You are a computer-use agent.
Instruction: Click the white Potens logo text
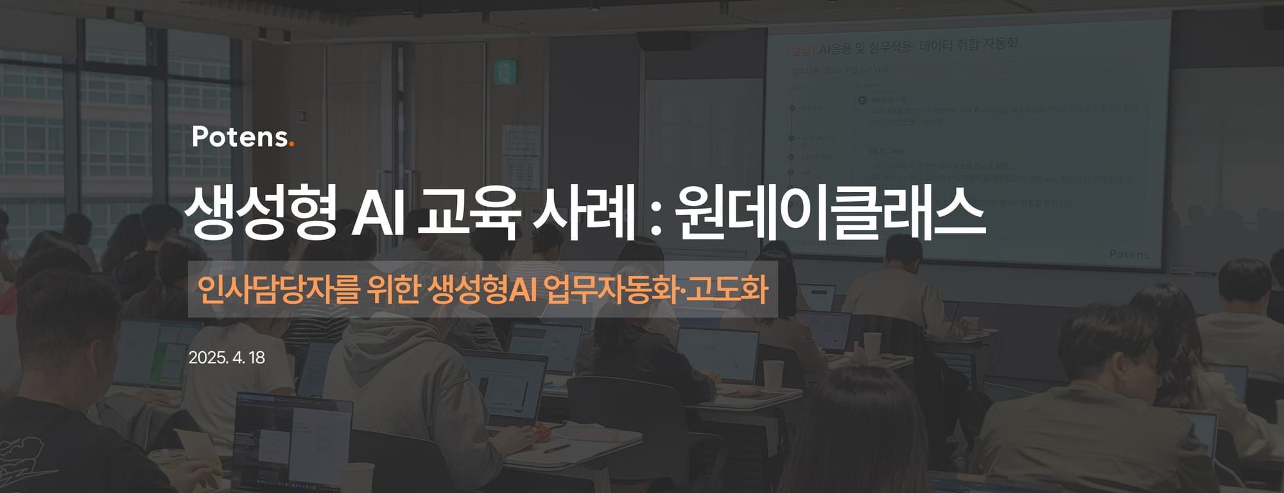pyautogui.click(x=239, y=137)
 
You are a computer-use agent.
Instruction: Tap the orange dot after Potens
pyautogui.click(x=291, y=144)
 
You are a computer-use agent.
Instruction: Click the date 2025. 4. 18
pyautogui.click(x=227, y=358)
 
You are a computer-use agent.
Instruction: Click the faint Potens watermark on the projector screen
pyautogui.click(x=1129, y=254)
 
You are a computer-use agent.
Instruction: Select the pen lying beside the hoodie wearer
pyautogui.click(x=556, y=448)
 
